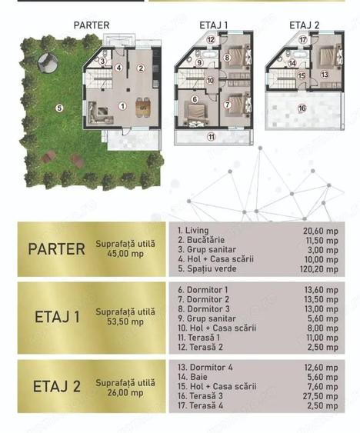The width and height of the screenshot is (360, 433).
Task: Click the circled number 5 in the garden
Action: (59, 108)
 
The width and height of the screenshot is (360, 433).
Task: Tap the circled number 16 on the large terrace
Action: (302, 108)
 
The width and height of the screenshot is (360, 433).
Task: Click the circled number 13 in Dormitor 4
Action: (325, 75)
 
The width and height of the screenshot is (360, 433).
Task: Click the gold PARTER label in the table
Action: (56, 249)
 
